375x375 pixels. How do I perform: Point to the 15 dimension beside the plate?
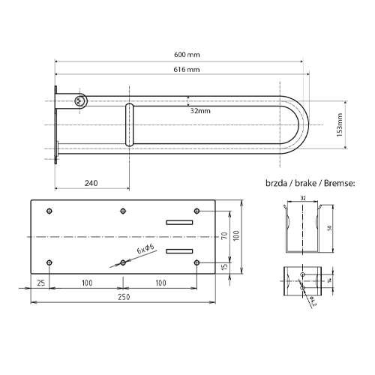coord(223,267)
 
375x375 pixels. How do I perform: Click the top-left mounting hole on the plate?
coord(50,211)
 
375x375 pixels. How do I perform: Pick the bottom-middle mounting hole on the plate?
coord(122,262)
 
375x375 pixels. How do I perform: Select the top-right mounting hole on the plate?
coord(196,211)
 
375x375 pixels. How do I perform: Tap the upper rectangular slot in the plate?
coord(179,222)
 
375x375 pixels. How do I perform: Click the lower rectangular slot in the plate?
coord(179,250)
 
